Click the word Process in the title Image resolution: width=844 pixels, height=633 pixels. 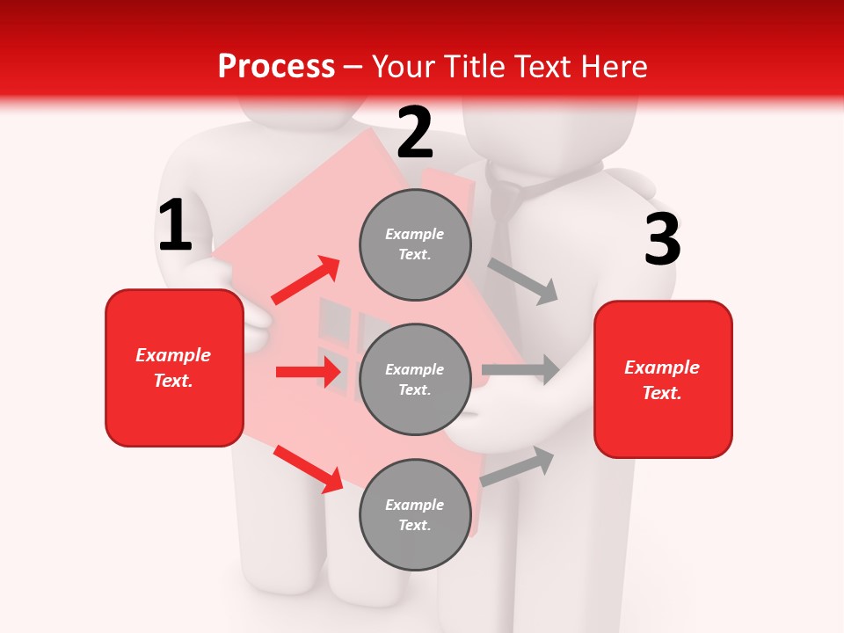click(276, 67)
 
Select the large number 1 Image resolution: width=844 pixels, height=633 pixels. click(175, 226)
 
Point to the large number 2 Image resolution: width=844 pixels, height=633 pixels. click(415, 133)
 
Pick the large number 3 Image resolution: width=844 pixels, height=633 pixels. click(662, 240)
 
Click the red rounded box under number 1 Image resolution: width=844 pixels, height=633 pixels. click(174, 367)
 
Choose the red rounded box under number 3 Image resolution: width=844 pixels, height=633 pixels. click(663, 379)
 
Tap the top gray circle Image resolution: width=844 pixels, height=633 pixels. click(415, 244)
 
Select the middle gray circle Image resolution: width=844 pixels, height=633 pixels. click(415, 379)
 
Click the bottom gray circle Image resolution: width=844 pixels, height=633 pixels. click(415, 514)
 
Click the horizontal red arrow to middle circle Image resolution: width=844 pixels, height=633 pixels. click(309, 372)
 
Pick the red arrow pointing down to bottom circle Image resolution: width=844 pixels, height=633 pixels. click(308, 469)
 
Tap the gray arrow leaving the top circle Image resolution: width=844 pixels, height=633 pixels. click(523, 280)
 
